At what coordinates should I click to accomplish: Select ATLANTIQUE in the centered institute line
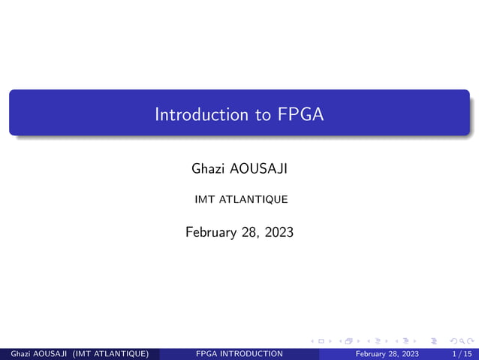(x=249, y=200)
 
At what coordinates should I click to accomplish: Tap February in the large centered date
(x=212, y=233)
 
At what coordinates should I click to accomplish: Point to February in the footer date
(x=373, y=354)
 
